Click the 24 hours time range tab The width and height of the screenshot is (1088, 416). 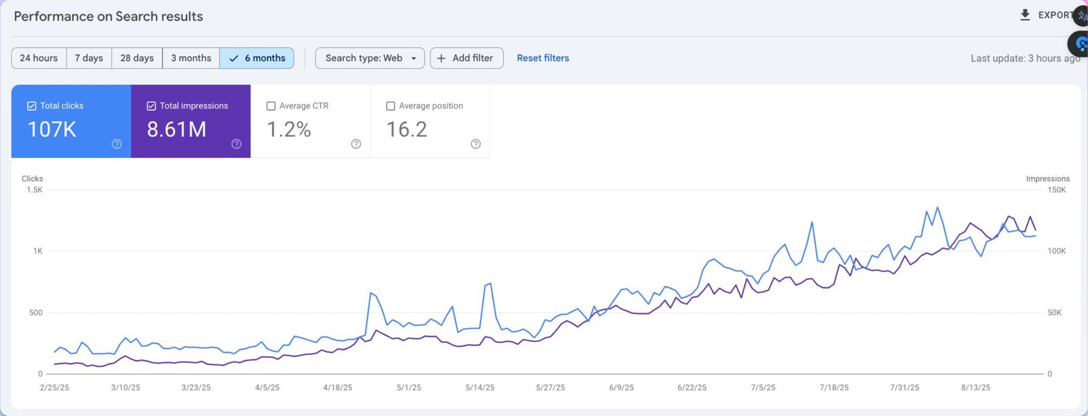(39, 59)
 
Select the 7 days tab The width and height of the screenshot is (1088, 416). (89, 59)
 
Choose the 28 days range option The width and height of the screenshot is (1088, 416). (137, 59)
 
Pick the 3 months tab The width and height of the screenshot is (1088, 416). (191, 59)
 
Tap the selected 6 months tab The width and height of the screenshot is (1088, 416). (257, 59)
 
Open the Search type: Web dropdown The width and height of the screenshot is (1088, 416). (370, 59)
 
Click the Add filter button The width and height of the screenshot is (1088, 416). (466, 59)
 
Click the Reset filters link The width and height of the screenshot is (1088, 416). (543, 59)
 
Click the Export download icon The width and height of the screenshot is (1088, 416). (1025, 15)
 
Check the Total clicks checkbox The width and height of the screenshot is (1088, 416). (31, 106)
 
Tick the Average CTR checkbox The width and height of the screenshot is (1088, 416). (271, 106)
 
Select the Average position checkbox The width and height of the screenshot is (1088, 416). (390, 106)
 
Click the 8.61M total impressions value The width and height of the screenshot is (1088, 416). (177, 129)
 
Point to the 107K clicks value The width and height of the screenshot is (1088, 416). (52, 129)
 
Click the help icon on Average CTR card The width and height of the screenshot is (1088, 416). (356, 144)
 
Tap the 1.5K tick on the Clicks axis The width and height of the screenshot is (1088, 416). (34, 190)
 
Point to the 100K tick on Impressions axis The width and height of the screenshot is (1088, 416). (1057, 251)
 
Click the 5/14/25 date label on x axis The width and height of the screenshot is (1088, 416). (480, 387)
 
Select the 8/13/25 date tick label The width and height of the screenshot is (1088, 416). (975, 387)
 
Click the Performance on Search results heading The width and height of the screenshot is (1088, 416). (108, 16)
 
